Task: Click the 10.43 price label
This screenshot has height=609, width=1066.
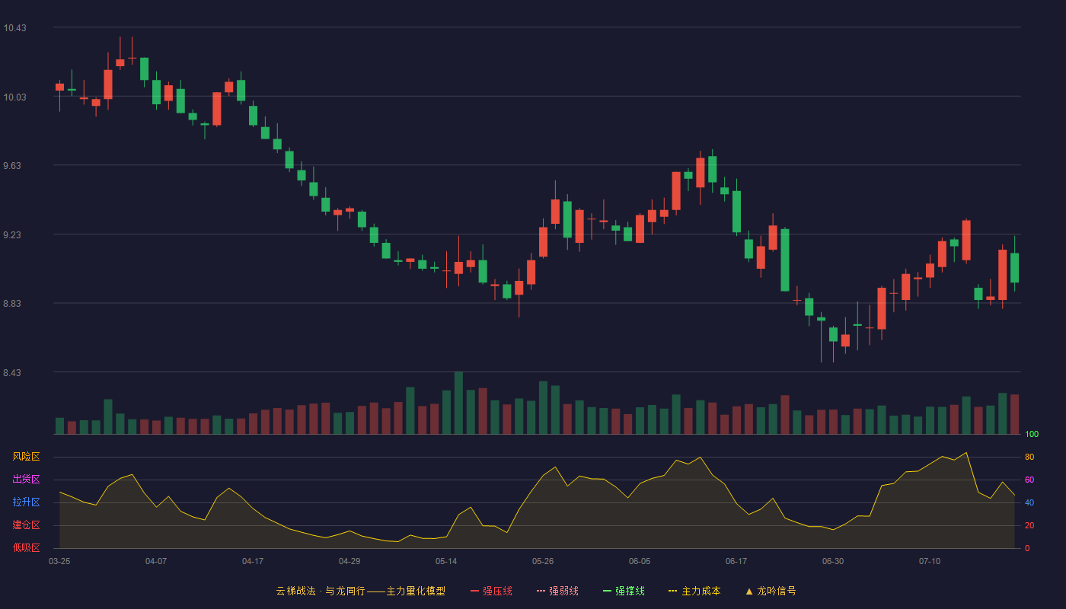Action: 14,28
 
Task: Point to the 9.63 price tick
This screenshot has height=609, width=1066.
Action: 12,166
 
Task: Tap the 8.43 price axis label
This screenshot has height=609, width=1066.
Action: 12,372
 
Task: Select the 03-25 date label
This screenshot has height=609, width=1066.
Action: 59,562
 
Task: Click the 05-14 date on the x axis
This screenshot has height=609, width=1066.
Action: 446,562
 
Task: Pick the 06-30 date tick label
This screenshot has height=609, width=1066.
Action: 833,562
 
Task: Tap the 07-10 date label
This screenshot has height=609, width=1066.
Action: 930,562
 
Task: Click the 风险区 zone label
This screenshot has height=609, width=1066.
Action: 26,457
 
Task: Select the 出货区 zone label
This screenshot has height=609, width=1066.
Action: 26,479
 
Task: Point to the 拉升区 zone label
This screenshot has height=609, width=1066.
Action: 26,502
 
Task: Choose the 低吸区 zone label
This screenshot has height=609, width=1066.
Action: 26,547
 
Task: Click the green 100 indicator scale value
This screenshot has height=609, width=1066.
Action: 1032,434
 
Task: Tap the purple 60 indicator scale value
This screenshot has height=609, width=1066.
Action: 1029,480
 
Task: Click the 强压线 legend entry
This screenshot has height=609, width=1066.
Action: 491,591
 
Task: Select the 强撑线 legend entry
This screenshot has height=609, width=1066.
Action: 624,591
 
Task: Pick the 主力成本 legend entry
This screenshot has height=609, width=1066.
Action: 694,591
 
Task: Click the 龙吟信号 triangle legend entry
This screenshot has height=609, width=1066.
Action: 771,591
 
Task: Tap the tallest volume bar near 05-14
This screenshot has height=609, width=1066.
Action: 458,403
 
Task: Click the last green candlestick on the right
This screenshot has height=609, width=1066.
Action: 1014,267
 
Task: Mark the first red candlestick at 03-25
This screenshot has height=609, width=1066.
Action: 59,87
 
